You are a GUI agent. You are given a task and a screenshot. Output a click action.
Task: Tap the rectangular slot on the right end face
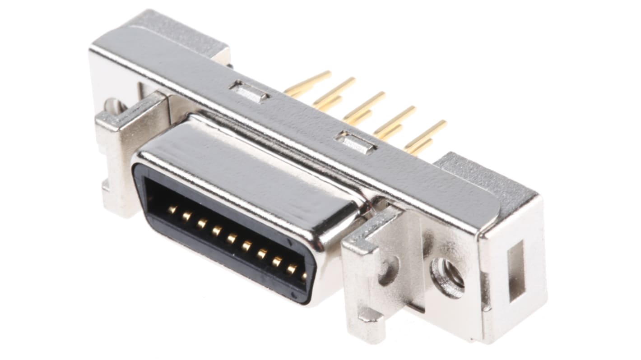(516, 270)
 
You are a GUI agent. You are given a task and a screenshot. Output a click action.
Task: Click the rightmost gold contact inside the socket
(303, 275)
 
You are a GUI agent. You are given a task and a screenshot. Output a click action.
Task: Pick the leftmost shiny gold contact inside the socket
(172, 209)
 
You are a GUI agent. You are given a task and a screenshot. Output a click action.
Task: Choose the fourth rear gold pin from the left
(395, 120)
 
